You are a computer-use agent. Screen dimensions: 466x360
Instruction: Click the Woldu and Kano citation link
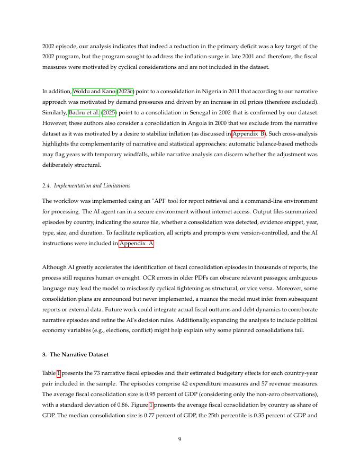(x=94, y=92)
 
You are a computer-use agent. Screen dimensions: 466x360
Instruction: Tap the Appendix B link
(x=249, y=133)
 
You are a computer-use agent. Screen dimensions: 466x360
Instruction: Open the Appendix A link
(x=137, y=244)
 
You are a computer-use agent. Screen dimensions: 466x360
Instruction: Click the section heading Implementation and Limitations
(x=86, y=186)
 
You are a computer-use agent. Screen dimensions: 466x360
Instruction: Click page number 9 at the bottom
(x=180, y=438)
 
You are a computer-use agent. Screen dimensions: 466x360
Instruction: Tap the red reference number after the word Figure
(x=151, y=405)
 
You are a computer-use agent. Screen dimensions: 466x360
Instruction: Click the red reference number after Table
(x=59, y=373)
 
